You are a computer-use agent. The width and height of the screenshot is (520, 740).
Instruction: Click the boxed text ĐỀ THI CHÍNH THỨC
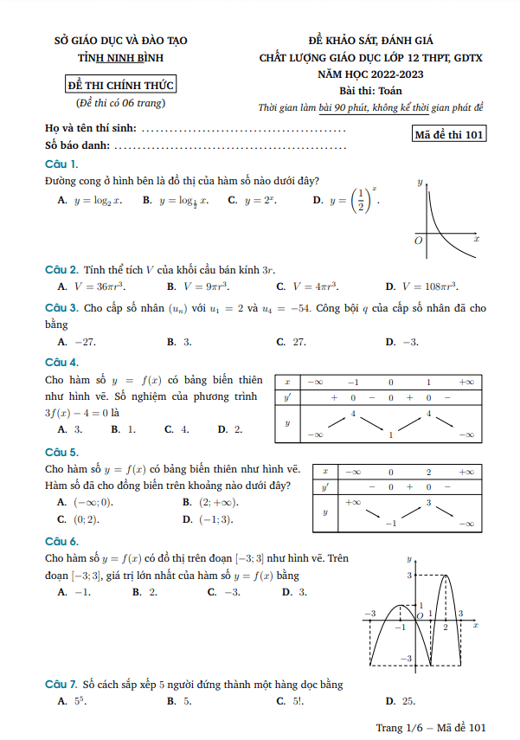[121, 85]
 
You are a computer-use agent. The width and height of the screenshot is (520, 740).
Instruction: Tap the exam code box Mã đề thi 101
[450, 133]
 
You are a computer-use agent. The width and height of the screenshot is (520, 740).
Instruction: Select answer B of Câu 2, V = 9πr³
[198, 286]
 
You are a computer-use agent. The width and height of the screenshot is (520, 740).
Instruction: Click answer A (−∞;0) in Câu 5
[86, 502]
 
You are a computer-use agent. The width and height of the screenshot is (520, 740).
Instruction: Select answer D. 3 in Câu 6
[294, 592]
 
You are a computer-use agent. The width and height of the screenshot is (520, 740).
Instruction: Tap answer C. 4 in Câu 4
[177, 429]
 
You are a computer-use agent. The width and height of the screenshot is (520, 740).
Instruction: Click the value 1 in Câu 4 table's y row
[390, 434]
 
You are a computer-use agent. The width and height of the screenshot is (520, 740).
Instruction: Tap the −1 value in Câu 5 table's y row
[390, 524]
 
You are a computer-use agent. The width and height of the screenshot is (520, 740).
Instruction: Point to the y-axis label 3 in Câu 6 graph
[408, 575]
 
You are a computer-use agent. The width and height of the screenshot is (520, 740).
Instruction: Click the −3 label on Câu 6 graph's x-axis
[369, 613]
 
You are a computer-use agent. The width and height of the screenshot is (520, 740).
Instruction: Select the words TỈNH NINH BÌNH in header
[121, 58]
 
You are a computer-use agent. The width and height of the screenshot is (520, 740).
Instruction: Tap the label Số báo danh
[76, 145]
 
